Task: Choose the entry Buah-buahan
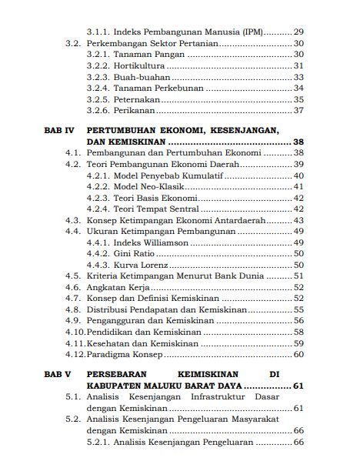coord(143,77)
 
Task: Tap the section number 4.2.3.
coord(98,197)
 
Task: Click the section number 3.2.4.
coord(98,88)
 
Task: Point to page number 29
coord(298,32)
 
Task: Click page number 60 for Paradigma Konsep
coord(298,354)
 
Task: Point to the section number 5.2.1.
coord(98,443)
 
